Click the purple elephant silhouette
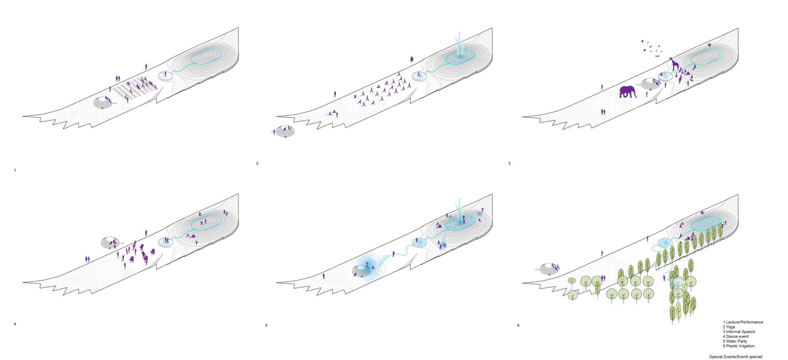pyautogui.click(x=628, y=91)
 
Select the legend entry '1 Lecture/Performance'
pyautogui.click(x=743, y=322)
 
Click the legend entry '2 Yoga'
pyautogui.click(x=729, y=327)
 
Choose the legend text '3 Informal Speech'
pyautogui.click(x=739, y=332)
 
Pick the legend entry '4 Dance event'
pyautogui.click(x=735, y=336)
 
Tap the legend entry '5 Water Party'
pyautogui.click(x=735, y=341)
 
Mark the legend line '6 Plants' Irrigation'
pyautogui.click(x=739, y=346)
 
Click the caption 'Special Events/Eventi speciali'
pyautogui.click(x=736, y=356)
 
